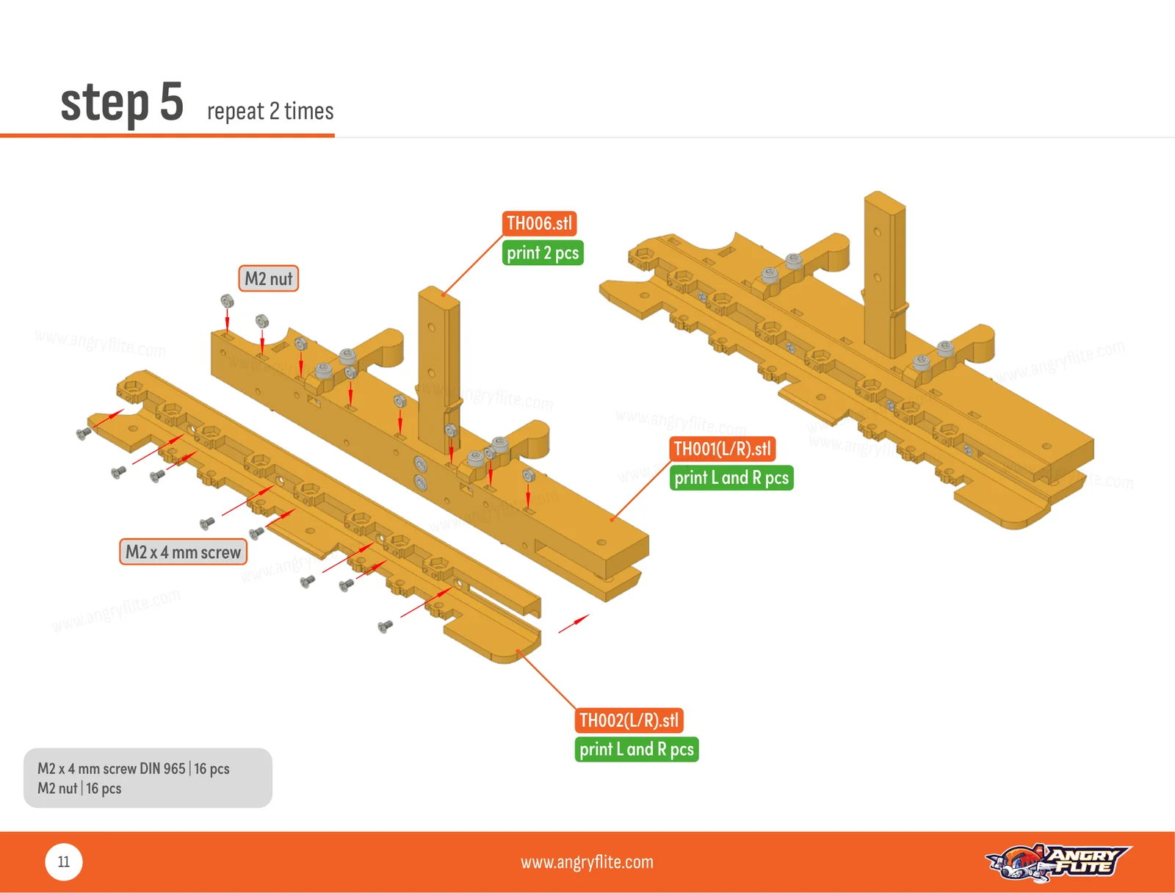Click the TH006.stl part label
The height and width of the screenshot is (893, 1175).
tap(539, 223)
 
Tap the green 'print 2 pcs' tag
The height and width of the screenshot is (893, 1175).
tap(542, 253)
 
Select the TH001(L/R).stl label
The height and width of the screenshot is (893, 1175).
tap(722, 449)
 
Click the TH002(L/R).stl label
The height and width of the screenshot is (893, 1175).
tap(629, 720)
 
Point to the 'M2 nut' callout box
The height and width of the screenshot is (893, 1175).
tap(268, 278)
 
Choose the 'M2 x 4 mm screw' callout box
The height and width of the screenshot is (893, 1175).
tap(183, 552)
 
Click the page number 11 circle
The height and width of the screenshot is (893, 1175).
tap(64, 862)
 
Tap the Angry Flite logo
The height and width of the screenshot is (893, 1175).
tap(1057, 862)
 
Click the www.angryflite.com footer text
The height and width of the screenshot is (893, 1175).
tap(587, 862)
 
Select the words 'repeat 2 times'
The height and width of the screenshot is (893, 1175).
tap(270, 112)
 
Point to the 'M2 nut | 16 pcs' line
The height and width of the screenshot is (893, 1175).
tap(79, 788)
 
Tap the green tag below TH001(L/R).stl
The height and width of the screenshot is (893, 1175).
tap(731, 478)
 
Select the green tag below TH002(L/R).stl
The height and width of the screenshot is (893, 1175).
tap(637, 749)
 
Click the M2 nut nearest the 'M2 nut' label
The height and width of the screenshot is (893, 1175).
tap(261, 321)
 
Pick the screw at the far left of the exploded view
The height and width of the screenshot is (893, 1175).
tap(84, 433)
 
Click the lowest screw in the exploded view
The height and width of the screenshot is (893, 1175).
tap(385, 626)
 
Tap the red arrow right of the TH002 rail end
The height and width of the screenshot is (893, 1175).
tap(574, 623)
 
